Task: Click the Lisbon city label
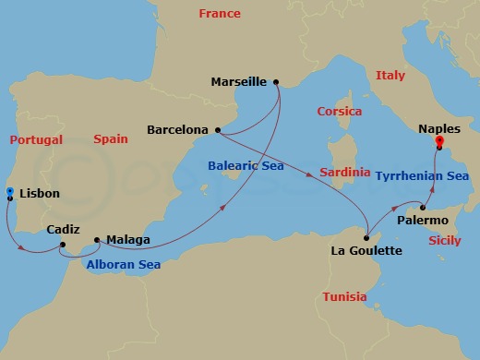pyautogui.click(x=40, y=194)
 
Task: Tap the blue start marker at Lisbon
pyautogui.click(x=9, y=191)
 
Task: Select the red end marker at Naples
pyautogui.click(x=439, y=142)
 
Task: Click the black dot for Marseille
pyautogui.click(x=276, y=81)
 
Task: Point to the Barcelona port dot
pyautogui.click(x=217, y=130)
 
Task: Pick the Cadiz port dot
pyautogui.click(x=62, y=245)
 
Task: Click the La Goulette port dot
pyautogui.click(x=366, y=237)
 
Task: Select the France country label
pyautogui.click(x=220, y=14)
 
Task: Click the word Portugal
pyautogui.click(x=36, y=140)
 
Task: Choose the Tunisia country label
pyautogui.click(x=344, y=297)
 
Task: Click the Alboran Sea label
pyautogui.click(x=123, y=265)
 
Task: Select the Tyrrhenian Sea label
pyautogui.click(x=422, y=174)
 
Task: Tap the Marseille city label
pyautogui.click(x=238, y=81)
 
